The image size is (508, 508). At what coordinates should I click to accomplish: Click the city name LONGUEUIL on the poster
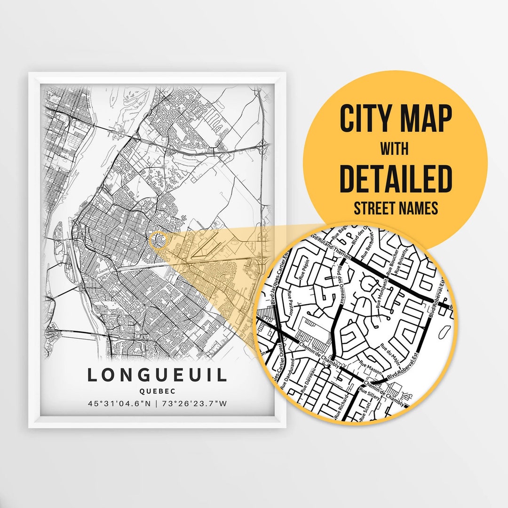pos(157,375)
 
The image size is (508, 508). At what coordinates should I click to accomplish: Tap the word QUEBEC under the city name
pos(157,390)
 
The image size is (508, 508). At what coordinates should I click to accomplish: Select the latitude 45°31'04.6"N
pos(118,404)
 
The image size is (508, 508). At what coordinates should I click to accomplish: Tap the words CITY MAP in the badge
pos(396,119)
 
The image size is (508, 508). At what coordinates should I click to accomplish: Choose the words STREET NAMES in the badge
pos(396,208)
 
